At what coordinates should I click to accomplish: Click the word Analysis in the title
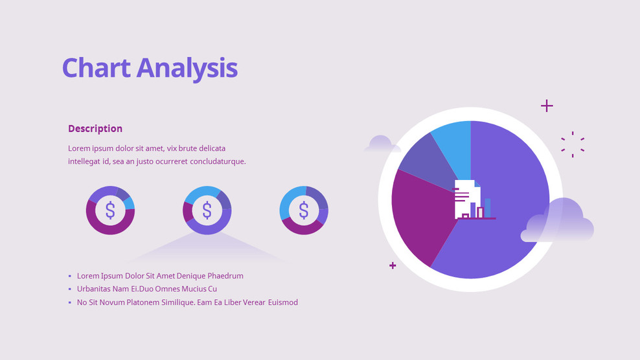(187, 68)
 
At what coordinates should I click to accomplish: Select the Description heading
(95, 128)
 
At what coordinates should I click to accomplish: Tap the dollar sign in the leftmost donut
(110, 210)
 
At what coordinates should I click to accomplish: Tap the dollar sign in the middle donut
(207, 210)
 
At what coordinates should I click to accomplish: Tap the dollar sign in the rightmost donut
(304, 210)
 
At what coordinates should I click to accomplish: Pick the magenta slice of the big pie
(418, 214)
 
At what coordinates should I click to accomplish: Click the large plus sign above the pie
(547, 106)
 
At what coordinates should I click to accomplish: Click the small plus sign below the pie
(393, 265)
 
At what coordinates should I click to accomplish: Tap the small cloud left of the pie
(380, 144)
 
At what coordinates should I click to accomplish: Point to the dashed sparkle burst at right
(573, 144)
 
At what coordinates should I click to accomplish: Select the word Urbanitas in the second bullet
(95, 289)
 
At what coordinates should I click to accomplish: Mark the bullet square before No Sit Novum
(70, 302)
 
